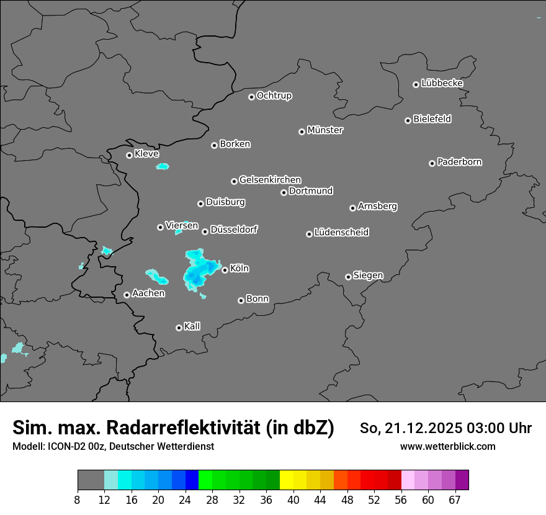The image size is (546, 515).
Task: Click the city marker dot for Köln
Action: (x=225, y=270)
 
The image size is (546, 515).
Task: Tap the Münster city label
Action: (x=325, y=130)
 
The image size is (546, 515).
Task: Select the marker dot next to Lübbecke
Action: (x=416, y=84)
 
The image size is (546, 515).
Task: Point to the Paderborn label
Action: (x=460, y=162)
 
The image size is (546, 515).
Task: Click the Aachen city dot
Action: (x=127, y=295)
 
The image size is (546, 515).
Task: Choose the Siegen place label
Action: (x=368, y=275)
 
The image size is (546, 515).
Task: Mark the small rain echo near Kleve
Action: (x=163, y=166)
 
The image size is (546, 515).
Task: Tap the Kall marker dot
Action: (x=179, y=328)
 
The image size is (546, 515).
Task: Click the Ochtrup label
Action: (x=274, y=96)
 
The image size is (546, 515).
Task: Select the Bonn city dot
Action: (x=241, y=300)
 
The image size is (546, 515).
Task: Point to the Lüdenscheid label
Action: (x=341, y=233)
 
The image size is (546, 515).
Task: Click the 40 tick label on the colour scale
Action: (x=293, y=500)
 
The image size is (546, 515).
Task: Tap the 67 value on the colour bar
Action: (x=455, y=500)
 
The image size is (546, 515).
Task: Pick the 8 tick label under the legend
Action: (x=78, y=500)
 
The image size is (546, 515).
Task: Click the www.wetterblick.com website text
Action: (x=447, y=447)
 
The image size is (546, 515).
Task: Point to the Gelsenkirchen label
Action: (x=270, y=180)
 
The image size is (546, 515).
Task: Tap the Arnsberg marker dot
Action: (x=352, y=208)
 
